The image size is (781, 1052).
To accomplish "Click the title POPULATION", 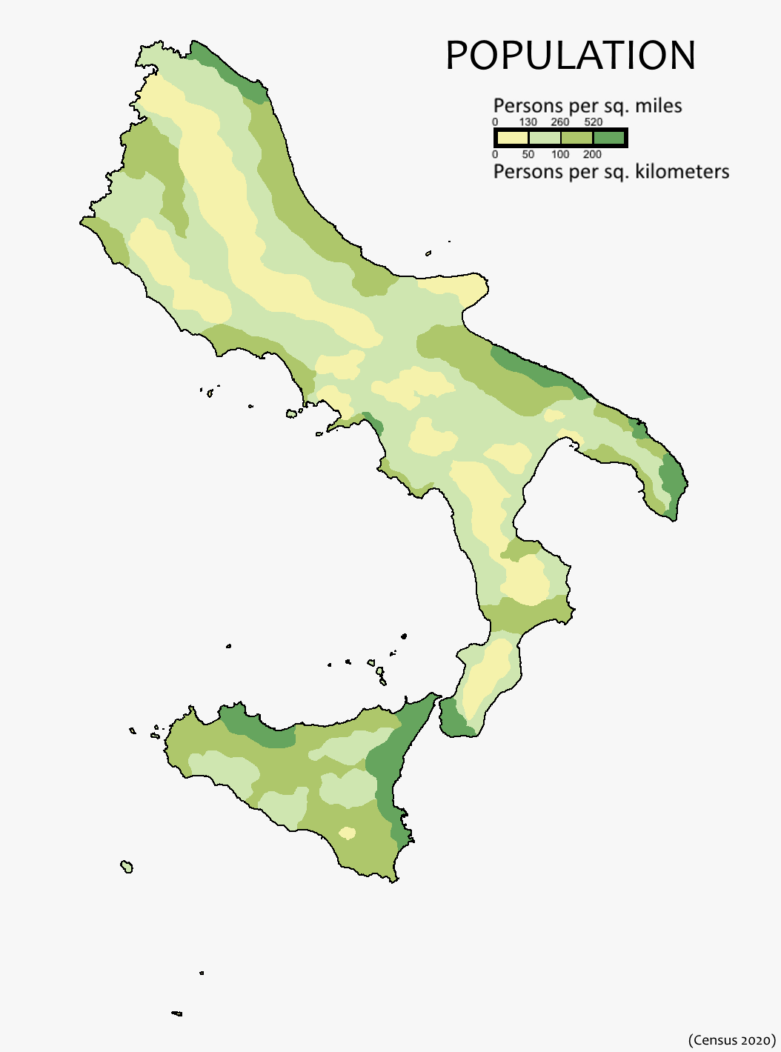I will pos(570,56).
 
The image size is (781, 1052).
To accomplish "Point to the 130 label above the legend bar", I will pos(528,122).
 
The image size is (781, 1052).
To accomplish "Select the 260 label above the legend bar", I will pos(560,122).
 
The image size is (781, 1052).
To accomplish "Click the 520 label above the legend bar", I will pos(594,122).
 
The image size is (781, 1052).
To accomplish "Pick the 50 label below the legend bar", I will pos(528,155).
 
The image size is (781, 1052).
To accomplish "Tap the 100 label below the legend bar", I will pos(560,155).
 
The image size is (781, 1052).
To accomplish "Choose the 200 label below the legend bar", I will pos(592,155).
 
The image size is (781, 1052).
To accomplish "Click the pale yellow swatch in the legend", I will pos(512,138).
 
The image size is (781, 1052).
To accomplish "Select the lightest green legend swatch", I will pos(545,138).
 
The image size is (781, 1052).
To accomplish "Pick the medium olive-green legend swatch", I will pos(577,138).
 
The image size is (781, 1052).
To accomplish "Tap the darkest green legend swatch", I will pos(609,138).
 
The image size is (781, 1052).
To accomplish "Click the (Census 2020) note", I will pos(731,1040).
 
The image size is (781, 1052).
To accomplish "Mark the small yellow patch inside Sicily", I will pos(347,833).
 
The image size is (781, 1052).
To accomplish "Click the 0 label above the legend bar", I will pos(495,122).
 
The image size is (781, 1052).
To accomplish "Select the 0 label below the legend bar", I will pos(495,155).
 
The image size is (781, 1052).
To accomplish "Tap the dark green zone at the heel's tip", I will pos(673,482).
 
